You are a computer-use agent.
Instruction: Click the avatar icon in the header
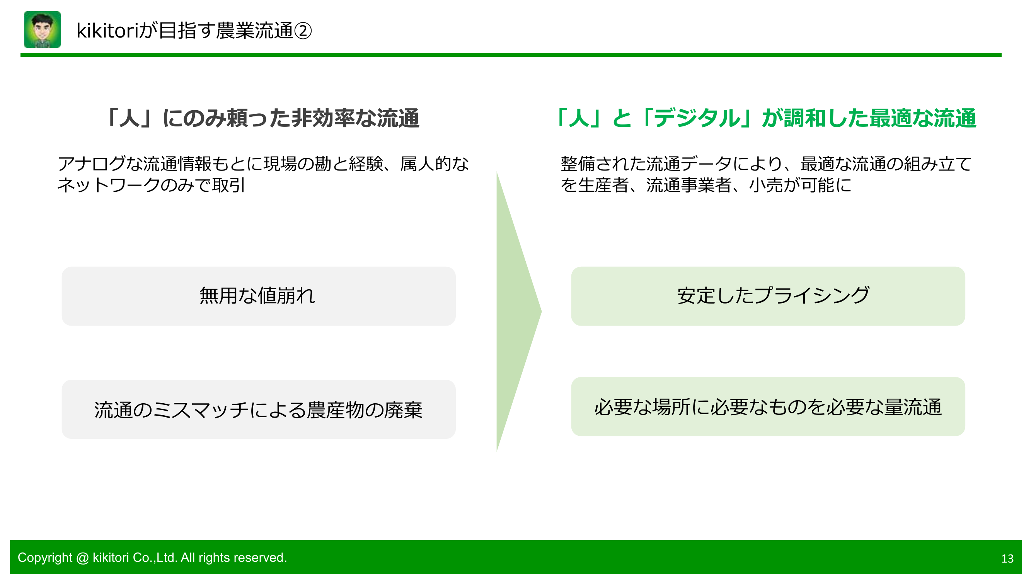(43, 30)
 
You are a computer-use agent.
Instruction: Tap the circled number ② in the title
(303, 31)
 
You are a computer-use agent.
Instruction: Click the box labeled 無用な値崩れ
(259, 296)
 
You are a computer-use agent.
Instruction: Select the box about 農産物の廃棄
(259, 409)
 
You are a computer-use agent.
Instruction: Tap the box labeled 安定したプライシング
(768, 296)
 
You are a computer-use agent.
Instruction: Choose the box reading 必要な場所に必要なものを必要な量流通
(768, 407)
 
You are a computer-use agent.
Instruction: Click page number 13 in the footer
(1007, 558)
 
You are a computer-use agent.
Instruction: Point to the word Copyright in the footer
(45, 558)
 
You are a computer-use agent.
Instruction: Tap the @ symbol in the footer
(82, 558)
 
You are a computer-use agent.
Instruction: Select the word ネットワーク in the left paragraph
(109, 185)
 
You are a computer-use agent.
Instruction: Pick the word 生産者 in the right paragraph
(603, 185)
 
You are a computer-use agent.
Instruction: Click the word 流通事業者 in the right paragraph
(689, 185)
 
